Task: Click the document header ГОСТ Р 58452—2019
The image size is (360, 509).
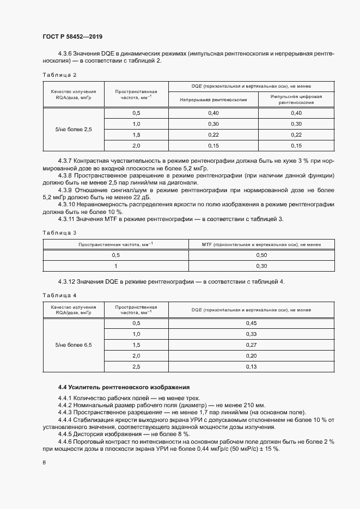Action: tap(72, 36)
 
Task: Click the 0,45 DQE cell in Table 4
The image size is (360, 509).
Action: tap(251, 323)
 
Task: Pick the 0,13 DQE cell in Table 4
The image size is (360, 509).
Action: tap(251, 367)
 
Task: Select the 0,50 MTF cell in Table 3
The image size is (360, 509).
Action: tap(261, 255)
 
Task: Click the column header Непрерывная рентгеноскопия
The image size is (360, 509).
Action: tap(213, 100)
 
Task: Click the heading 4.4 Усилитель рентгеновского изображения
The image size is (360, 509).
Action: tap(124, 387)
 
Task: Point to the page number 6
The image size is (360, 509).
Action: tap(44, 462)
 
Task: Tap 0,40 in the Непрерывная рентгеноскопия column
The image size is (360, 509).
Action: tap(213, 113)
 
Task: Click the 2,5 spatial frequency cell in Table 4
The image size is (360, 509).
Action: tap(136, 367)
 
